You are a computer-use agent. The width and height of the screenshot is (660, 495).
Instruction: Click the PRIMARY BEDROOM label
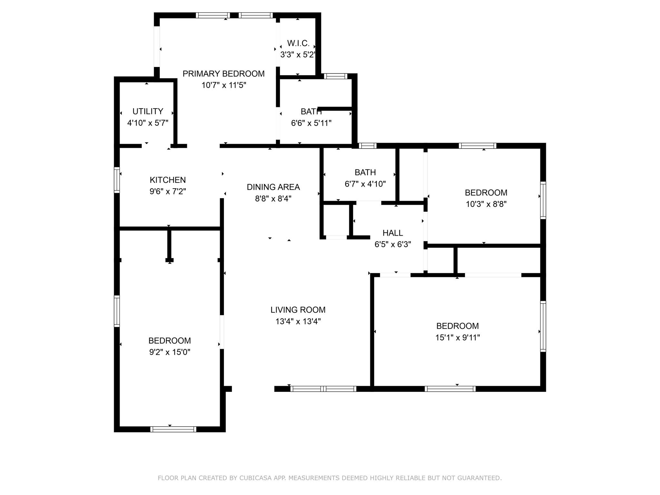(x=224, y=74)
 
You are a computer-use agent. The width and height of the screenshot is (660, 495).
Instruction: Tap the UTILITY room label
(x=148, y=112)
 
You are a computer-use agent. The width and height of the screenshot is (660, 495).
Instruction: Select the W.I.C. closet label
(x=298, y=43)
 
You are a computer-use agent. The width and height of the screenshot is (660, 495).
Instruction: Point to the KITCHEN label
(x=168, y=180)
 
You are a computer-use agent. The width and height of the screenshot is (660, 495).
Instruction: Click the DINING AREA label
(x=273, y=187)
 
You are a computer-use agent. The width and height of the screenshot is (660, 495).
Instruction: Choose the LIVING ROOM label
(x=298, y=310)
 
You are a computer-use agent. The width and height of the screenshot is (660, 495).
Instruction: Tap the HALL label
(x=393, y=233)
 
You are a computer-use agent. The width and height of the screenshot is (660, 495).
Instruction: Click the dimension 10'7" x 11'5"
(x=224, y=85)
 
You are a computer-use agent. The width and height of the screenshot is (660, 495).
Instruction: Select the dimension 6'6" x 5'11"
(x=311, y=123)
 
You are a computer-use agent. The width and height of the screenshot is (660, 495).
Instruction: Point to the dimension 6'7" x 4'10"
(x=365, y=184)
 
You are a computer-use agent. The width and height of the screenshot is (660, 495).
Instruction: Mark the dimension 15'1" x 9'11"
(x=458, y=338)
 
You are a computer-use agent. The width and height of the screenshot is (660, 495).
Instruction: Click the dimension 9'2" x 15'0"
(x=170, y=352)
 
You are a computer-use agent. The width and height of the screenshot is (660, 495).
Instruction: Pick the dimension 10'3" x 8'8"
(x=486, y=204)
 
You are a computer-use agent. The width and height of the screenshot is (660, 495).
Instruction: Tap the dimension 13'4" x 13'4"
(x=298, y=322)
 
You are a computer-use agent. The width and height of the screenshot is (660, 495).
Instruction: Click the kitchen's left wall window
(x=117, y=180)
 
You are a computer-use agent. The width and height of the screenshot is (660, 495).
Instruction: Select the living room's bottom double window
(x=323, y=389)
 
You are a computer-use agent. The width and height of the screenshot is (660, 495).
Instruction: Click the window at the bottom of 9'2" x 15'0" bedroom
(x=173, y=429)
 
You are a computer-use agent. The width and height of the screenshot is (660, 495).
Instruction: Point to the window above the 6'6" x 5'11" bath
(x=335, y=76)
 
